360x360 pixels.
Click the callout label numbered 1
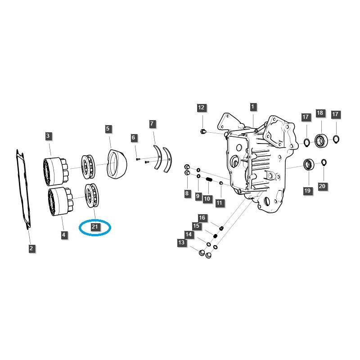(x=253, y=107)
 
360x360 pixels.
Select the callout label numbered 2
(x=31, y=248)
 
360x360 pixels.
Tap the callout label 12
(x=201, y=108)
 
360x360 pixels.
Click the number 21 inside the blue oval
(x=95, y=227)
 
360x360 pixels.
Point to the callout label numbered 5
(x=108, y=129)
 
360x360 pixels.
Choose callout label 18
(x=320, y=113)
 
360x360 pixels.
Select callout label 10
(x=207, y=198)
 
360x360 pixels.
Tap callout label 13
(x=181, y=243)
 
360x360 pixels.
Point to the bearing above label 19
(x=309, y=164)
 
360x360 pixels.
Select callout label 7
(x=152, y=123)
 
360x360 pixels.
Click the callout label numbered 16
(x=202, y=218)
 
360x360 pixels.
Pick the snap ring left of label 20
(x=324, y=162)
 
